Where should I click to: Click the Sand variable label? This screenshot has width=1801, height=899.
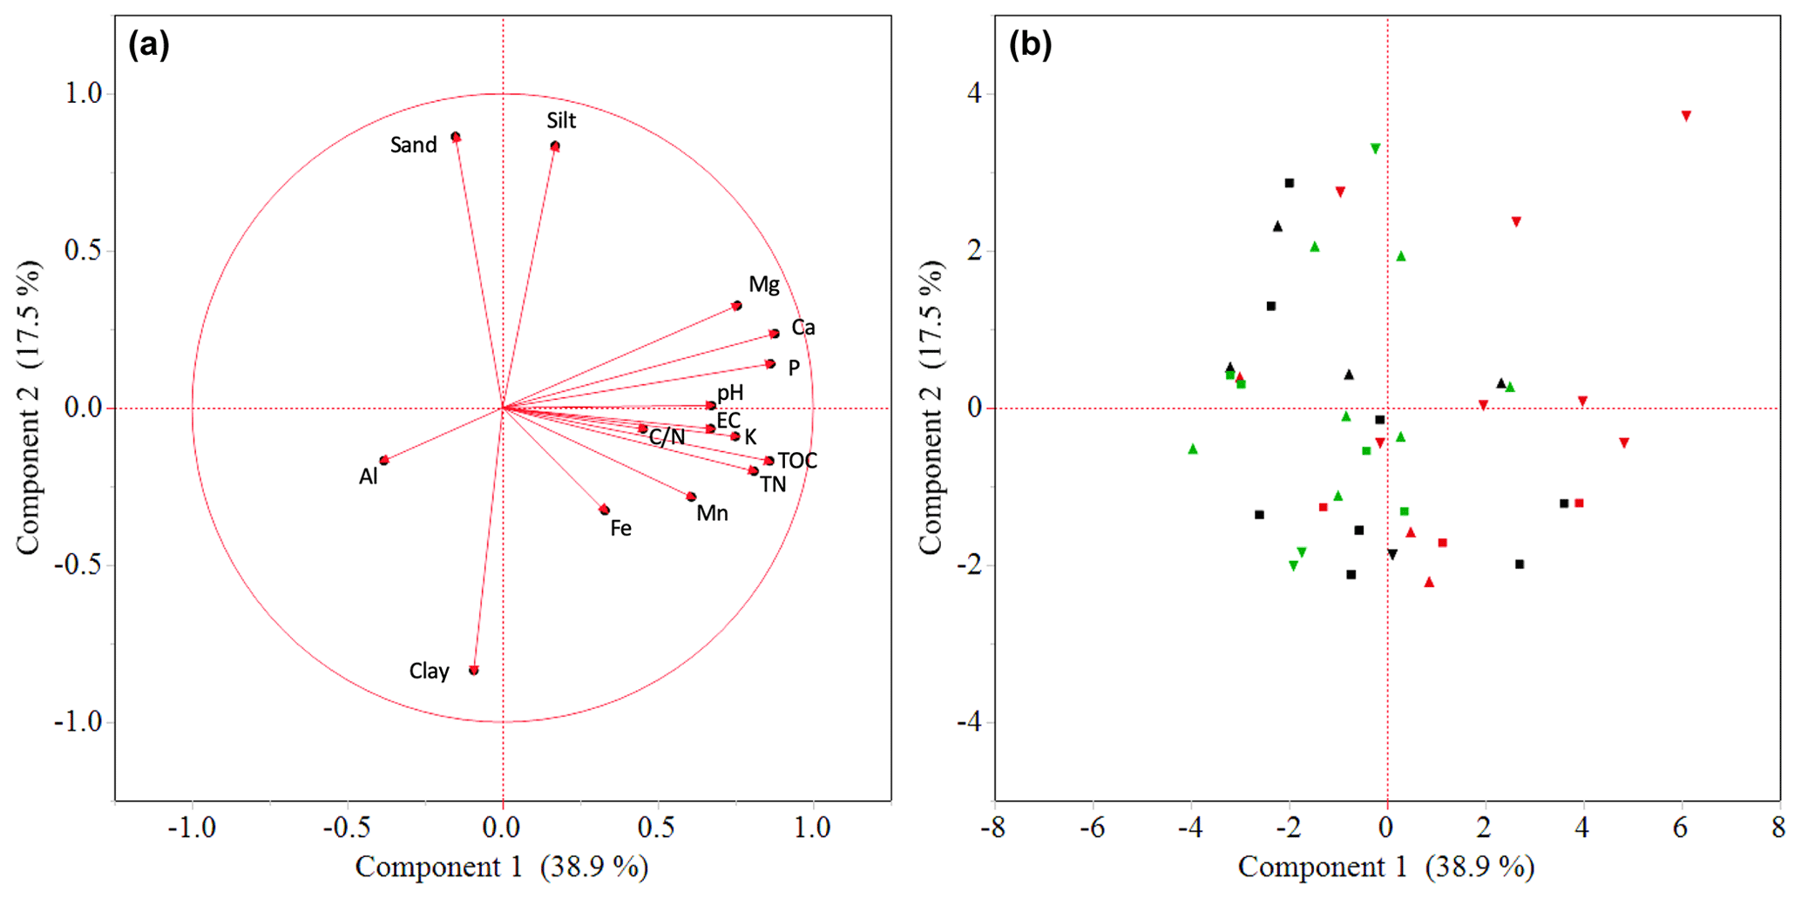click(413, 145)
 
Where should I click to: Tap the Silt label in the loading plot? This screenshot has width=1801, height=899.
click(561, 120)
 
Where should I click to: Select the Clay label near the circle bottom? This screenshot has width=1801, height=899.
click(429, 672)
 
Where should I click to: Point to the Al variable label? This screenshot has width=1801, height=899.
click(369, 477)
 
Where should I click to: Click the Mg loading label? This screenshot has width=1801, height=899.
click(764, 285)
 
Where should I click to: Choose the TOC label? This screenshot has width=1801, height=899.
click(797, 461)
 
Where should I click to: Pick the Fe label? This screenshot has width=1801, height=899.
click(620, 529)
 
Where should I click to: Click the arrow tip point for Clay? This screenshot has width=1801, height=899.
click(474, 670)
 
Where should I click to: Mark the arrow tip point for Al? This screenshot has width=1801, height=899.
click(384, 460)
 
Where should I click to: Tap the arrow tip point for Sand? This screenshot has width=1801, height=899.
click(456, 137)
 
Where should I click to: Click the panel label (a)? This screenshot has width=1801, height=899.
click(148, 44)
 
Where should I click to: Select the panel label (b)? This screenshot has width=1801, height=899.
click(1030, 44)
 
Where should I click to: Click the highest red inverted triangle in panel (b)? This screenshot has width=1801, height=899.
click(1686, 116)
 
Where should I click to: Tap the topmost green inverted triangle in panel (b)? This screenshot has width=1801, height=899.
click(1375, 149)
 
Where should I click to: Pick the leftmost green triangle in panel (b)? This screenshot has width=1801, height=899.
click(1193, 449)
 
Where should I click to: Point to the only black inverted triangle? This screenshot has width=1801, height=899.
click(1392, 555)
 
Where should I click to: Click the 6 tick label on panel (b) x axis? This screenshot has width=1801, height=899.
click(1680, 828)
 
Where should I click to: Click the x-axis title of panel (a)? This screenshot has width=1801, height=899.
click(501, 868)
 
